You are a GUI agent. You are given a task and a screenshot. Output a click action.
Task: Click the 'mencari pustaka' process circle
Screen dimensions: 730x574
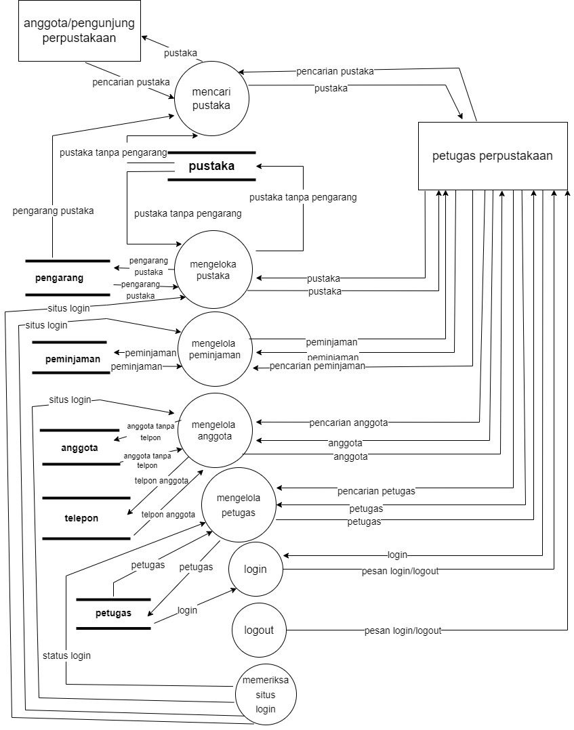tap(211, 99)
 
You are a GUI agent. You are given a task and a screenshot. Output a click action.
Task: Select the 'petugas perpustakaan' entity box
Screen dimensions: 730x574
tap(493, 156)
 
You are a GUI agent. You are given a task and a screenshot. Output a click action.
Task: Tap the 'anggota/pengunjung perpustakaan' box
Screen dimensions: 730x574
tap(79, 30)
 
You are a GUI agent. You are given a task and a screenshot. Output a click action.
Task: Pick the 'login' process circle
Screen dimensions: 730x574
tap(255, 570)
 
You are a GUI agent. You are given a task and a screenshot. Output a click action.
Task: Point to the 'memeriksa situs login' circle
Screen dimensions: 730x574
tap(266, 695)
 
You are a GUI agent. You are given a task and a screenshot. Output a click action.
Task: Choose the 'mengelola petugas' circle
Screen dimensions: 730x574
tap(236, 504)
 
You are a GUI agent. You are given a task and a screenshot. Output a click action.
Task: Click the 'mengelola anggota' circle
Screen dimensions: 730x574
tap(214, 431)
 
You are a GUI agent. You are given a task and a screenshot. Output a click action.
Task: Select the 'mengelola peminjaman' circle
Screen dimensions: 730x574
tap(215, 349)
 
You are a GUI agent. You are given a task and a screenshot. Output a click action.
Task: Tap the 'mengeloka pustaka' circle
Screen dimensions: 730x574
tap(214, 270)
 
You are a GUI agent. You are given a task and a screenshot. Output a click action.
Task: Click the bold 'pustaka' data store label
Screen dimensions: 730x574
tap(212, 166)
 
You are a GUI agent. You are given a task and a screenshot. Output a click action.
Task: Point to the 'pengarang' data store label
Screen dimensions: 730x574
tap(59, 278)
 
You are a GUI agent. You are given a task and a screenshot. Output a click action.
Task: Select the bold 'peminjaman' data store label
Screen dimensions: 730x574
tap(73, 359)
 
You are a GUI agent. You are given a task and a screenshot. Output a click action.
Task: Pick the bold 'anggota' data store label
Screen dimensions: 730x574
tap(79, 448)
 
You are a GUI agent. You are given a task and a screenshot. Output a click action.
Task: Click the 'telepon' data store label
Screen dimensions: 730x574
tap(81, 518)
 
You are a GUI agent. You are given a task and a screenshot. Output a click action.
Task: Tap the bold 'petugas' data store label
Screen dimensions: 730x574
tap(113, 614)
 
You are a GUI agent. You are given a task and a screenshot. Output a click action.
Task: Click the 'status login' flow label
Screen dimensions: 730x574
tap(66, 656)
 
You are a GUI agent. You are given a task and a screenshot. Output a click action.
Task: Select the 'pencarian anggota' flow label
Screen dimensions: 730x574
tap(348, 423)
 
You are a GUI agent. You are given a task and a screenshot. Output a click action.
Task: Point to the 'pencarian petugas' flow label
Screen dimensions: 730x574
tap(376, 490)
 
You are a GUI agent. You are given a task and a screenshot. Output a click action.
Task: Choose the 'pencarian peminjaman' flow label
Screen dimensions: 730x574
tap(317, 366)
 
